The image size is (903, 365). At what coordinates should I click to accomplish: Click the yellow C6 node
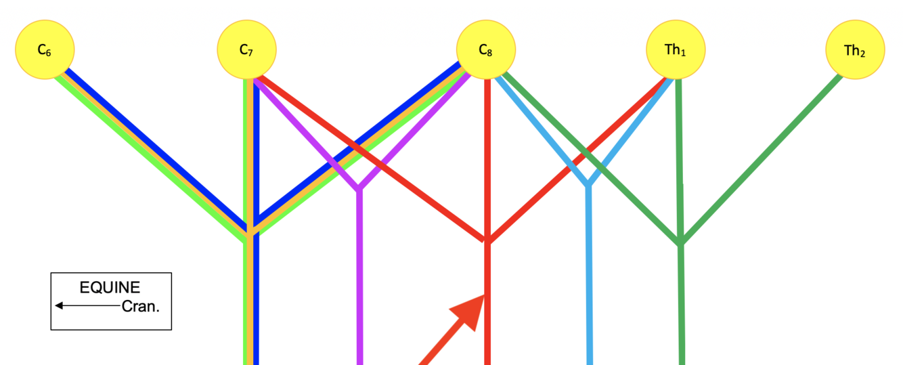point(45,49)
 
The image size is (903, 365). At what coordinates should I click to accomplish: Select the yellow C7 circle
point(246,49)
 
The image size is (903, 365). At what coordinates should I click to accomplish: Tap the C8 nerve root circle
point(486,49)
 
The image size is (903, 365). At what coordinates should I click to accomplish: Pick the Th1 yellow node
point(676,49)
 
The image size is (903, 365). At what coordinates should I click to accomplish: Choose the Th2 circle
point(855,50)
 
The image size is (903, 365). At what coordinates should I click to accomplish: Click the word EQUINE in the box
point(110,287)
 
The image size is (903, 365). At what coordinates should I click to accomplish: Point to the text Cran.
point(141,306)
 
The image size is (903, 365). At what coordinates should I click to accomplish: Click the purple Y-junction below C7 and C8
point(359,188)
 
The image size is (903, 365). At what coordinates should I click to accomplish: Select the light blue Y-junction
point(589,184)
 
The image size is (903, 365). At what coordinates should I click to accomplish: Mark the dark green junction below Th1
point(681,243)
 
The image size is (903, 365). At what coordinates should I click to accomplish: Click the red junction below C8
point(487,241)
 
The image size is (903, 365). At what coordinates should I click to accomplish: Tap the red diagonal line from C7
point(372,160)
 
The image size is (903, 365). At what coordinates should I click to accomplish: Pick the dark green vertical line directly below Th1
point(680,163)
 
